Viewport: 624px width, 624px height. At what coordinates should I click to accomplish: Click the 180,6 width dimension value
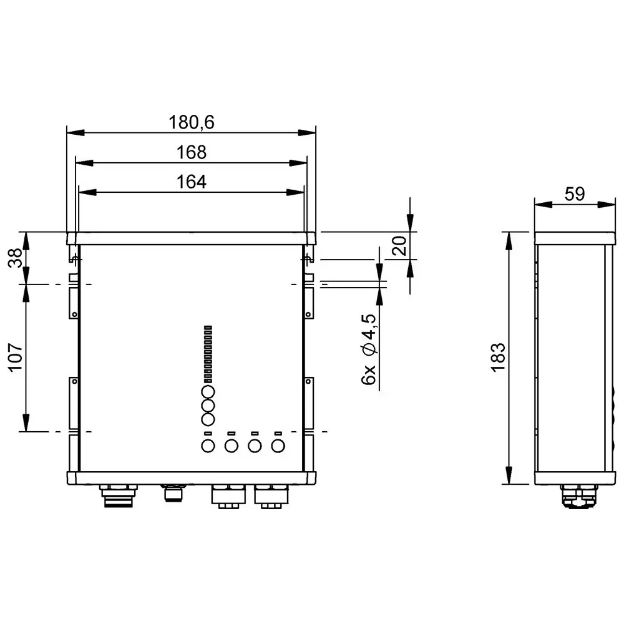191,123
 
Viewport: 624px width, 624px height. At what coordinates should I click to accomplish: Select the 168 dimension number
191,152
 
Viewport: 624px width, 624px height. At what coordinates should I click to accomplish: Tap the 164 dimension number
191,182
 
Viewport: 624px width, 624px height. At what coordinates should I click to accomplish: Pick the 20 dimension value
400,246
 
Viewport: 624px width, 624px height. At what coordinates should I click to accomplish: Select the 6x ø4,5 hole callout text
369,350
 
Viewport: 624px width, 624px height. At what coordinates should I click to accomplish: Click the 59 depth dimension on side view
574,194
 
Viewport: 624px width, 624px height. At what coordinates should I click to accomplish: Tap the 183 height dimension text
497,358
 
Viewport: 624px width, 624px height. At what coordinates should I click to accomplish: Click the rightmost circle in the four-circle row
278,446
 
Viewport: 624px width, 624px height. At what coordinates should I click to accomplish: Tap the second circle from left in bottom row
231,446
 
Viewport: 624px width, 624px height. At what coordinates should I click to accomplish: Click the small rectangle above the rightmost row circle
278,433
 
